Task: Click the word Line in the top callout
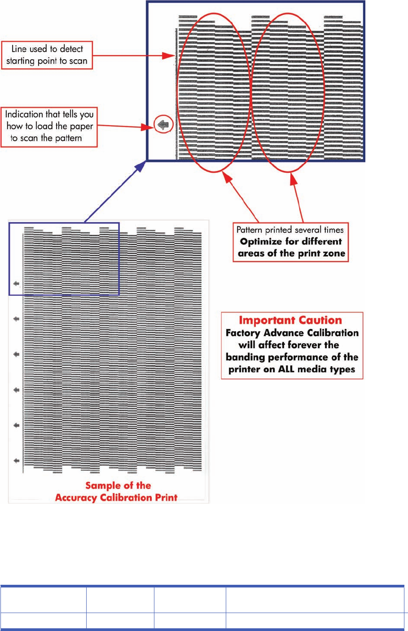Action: (19, 49)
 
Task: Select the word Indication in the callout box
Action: (24, 114)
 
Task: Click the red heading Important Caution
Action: (290, 320)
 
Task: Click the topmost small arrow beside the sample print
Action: (17, 284)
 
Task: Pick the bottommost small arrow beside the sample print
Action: (17, 460)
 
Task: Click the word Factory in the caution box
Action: (243, 333)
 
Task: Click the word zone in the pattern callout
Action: (334, 253)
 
